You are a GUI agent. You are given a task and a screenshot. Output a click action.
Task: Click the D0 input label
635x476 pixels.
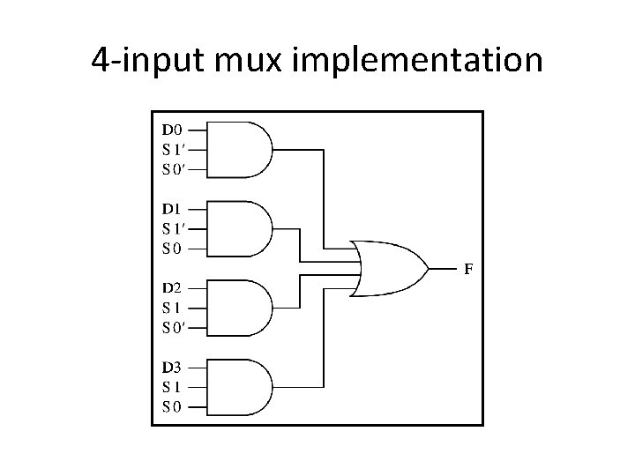pyautogui.click(x=172, y=130)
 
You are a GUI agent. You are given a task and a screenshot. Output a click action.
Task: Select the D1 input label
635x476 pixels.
pyautogui.click(x=172, y=209)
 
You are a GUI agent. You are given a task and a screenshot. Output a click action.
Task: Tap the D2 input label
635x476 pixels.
pyautogui.click(x=172, y=287)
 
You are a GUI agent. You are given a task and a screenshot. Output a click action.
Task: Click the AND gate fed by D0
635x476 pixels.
pyautogui.click(x=243, y=148)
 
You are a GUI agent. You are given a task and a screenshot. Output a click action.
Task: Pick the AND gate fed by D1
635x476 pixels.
pyautogui.click(x=243, y=227)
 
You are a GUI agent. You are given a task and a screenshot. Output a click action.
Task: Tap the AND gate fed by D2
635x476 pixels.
pyautogui.click(x=243, y=307)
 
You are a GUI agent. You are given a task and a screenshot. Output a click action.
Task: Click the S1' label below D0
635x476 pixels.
pyautogui.click(x=173, y=148)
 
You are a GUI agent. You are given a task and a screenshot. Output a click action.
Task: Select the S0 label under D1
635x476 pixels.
pyautogui.click(x=171, y=248)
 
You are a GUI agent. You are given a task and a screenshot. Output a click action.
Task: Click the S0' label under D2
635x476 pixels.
pyautogui.click(x=173, y=327)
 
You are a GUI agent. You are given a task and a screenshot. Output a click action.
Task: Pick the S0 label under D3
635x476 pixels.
pyautogui.click(x=171, y=406)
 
